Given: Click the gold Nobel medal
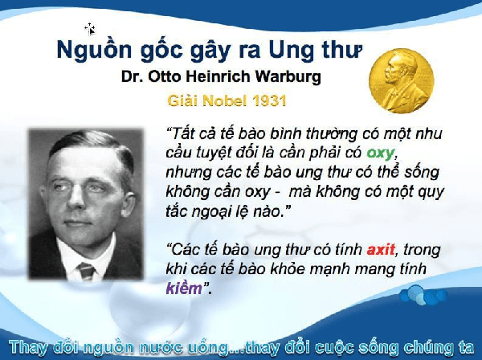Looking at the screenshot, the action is (401, 81).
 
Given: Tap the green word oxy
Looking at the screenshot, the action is (381, 153).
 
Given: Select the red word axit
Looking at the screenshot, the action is (381, 249).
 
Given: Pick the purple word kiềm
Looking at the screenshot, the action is (184, 288).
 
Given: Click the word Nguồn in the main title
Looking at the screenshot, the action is (94, 50).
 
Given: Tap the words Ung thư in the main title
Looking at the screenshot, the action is (315, 50).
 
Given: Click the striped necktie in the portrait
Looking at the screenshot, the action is (87, 271).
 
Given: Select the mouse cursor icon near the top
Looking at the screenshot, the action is (90, 29).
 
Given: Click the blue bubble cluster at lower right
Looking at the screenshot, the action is (423, 295).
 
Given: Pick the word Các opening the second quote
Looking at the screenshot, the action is (182, 249).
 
